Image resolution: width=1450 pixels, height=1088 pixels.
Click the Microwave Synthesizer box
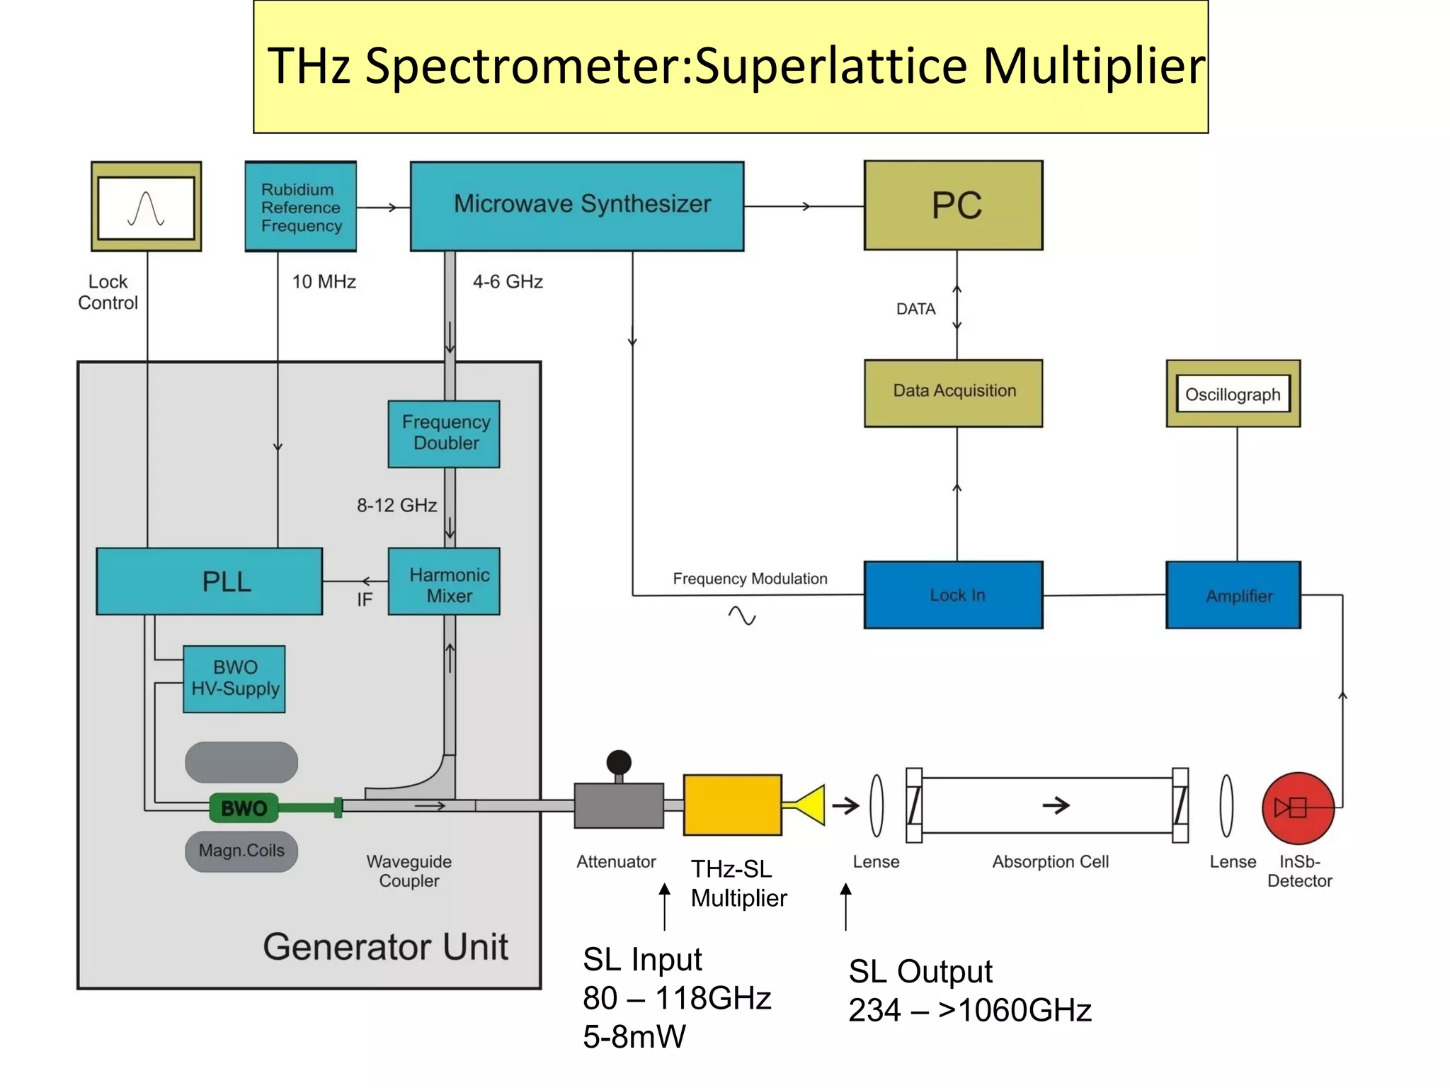(577, 205)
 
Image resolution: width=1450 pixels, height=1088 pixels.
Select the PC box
(953, 205)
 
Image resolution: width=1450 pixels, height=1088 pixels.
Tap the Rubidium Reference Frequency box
(301, 207)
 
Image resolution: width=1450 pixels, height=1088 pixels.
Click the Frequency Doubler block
(444, 433)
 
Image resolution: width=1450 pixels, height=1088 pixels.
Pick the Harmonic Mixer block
(444, 582)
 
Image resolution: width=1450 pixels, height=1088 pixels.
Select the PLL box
(210, 582)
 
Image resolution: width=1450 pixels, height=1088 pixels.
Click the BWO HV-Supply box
(234, 679)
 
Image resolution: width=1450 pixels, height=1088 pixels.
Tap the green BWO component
(244, 808)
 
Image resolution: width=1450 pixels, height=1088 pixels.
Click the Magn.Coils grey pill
(241, 851)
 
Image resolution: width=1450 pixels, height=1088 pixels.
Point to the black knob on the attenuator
(619, 763)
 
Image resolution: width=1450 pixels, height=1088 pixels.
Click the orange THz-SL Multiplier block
(732, 805)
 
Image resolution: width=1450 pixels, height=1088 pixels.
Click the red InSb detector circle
(1298, 807)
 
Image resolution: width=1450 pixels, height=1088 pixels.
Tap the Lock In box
(953, 595)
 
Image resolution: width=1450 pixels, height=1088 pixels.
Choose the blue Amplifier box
(1233, 595)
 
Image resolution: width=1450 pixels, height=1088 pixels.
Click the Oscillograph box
(1233, 394)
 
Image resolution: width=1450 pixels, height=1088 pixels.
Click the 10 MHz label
(324, 282)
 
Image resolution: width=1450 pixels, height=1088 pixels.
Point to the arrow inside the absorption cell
(1056, 805)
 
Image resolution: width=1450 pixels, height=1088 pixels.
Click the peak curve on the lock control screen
(146, 208)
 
